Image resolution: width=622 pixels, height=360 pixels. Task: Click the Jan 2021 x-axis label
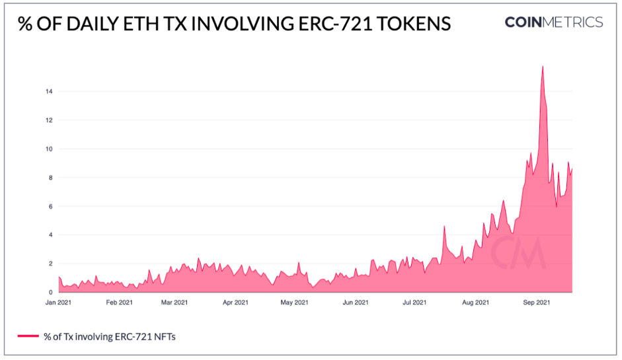click(59, 303)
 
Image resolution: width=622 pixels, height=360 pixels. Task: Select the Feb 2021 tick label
click(118, 303)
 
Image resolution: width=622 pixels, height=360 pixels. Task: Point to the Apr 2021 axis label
click(235, 303)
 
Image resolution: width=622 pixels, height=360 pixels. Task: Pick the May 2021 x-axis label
click(294, 303)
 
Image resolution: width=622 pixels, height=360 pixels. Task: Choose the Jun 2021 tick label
click(356, 303)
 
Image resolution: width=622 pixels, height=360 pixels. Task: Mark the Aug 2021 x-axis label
click(475, 303)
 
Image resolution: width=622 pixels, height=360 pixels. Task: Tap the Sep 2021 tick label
click(537, 303)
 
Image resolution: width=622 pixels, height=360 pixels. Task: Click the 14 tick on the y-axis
click(49, 91)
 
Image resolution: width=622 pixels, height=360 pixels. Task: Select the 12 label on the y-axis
click(49, 120)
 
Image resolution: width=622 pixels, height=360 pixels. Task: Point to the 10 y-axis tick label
click(49, 149)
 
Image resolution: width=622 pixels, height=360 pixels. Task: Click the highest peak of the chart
click(543, 67)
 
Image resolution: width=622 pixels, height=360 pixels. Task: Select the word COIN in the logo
click(524, 22)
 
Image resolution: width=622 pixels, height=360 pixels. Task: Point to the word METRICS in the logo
click(574, 22)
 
